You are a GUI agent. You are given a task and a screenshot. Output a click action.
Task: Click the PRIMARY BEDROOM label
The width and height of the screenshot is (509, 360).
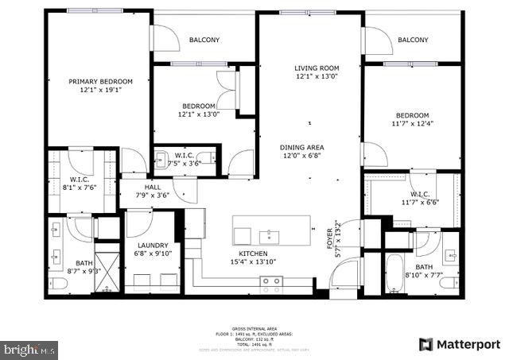100,81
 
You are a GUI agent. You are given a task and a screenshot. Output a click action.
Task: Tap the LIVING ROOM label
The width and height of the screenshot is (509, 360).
317,68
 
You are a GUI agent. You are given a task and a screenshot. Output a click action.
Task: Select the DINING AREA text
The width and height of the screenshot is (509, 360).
301,147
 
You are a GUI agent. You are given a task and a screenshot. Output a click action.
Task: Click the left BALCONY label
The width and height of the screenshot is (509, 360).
204,41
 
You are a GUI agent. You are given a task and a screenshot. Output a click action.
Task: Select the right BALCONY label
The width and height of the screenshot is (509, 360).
413,41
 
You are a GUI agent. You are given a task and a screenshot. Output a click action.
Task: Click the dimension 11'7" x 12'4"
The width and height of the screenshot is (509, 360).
412,123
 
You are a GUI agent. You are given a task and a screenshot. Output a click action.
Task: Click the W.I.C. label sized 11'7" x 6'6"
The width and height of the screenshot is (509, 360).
420,195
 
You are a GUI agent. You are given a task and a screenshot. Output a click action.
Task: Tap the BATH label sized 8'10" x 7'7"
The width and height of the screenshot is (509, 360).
422,267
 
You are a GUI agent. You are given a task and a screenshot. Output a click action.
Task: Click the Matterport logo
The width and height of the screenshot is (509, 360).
460,344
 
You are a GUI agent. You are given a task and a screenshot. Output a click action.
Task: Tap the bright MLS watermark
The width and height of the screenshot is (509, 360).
30,348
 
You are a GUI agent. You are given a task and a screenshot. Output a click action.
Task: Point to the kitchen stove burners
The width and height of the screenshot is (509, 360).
271,281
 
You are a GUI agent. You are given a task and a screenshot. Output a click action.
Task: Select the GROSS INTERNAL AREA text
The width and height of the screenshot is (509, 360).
254,327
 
